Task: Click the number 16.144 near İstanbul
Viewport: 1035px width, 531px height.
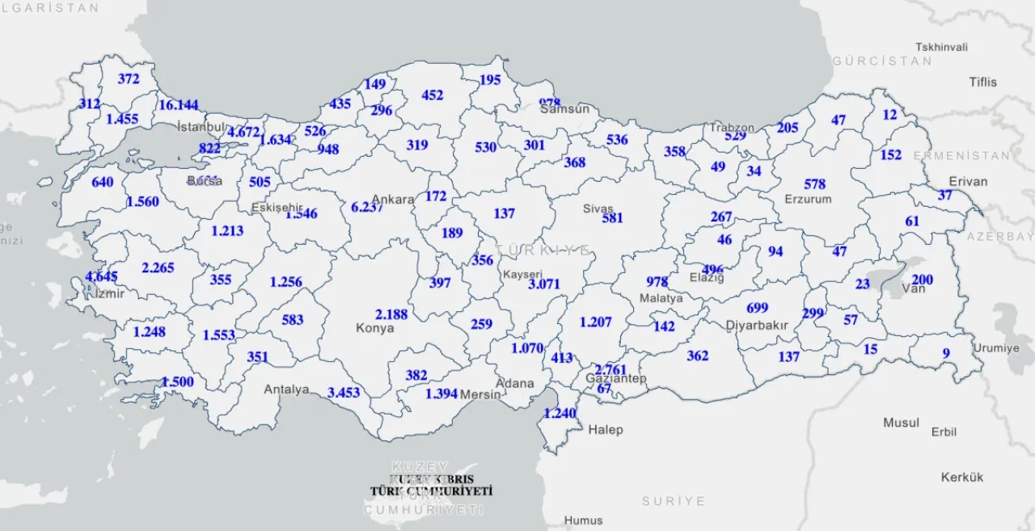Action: (x=178, y=105)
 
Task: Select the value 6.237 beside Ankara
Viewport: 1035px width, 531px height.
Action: (x=368, y=207)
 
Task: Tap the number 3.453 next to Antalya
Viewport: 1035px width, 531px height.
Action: (x=344, y=393)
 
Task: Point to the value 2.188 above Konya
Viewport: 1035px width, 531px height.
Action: (x=391, y=314)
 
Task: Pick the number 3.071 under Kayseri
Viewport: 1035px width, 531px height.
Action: (x=544, y=284)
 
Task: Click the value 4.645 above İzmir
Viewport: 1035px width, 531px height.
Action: (x=101, y=277)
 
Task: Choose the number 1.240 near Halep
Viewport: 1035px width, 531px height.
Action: (x=560, y=413)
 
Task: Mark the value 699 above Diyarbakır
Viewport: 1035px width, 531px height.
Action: (x=757, y=308)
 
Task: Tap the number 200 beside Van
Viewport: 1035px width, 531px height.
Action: (x=922, y=280)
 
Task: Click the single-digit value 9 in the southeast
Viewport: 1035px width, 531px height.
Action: (x=946, y=353)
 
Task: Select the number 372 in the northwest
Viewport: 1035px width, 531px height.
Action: (x=129, y=79)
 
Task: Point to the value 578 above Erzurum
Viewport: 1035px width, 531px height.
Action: (x=815, y=185)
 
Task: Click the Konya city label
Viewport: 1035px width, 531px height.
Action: (x=375, y=328)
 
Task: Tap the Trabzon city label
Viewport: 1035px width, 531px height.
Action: (x=732, y=128)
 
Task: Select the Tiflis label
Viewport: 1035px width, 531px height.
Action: (x=983, y=82)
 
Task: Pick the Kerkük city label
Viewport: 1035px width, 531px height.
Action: (x=962, y=477)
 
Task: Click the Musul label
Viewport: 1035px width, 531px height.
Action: (x=901, y=423)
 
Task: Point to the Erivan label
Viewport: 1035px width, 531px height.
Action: (x=968, y=181)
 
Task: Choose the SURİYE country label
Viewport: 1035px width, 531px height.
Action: (x=674, y=501)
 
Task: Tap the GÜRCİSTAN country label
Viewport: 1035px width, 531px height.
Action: (x=882, y=61)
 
